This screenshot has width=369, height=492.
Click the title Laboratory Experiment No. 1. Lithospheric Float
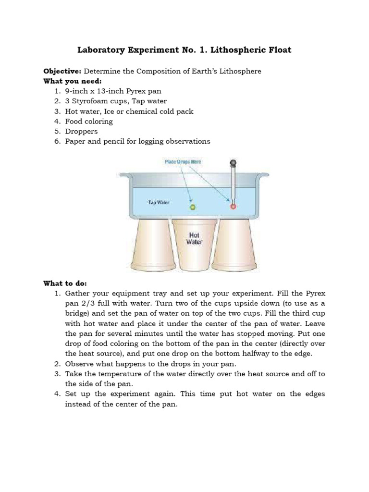[x=184, y=50]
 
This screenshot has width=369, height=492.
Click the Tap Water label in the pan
[x=159, y=202]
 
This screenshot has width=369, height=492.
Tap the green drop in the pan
[x=193, y=207]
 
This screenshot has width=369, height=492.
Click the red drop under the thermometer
[x=234, y=207]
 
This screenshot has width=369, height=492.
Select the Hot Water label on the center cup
[x=195, y=239]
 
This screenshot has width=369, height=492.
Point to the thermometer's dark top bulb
[x=234, y=162]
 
